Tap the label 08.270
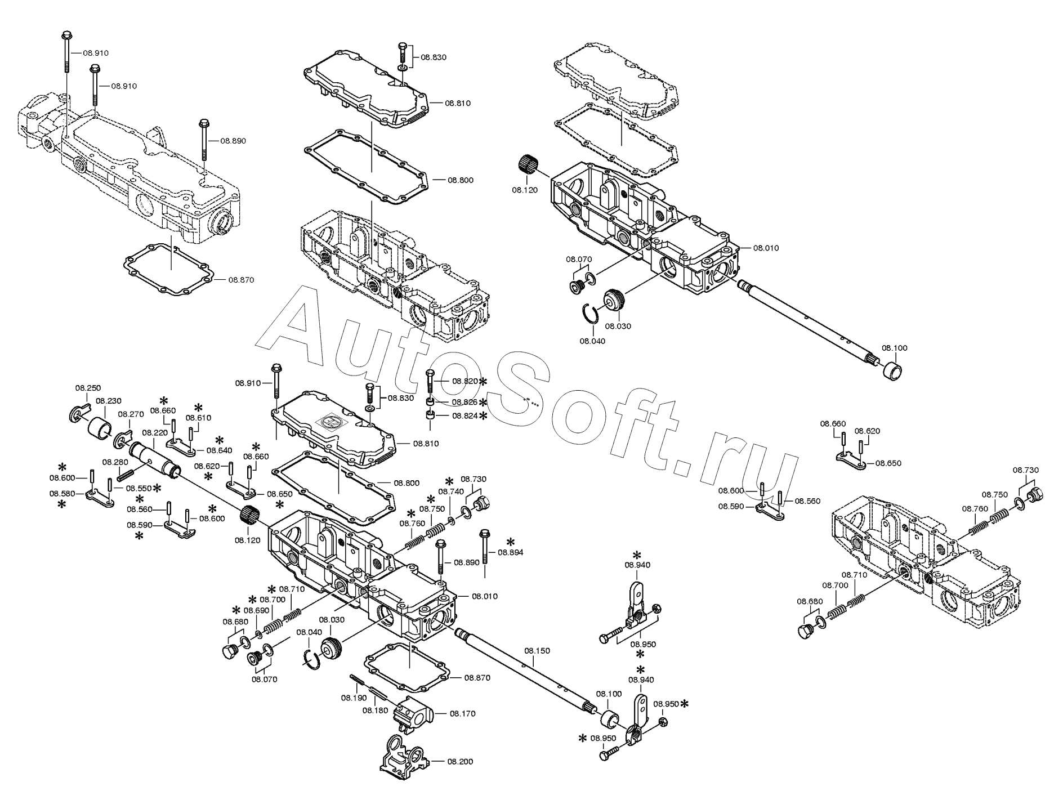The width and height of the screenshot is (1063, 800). pyautogui.click(x=131, y=414)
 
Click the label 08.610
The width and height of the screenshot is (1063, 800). pyautogui.click(x=199, y=418)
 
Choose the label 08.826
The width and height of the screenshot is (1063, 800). pyautogui.click(x=465, y=402)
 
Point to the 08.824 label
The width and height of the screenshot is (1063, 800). pyautogui.click(x=465, y=415)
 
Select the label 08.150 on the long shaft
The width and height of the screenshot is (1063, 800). pyautogui.click(x=537, y=650)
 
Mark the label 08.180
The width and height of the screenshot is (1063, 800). pyautogui.click(x=376, y=710)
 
